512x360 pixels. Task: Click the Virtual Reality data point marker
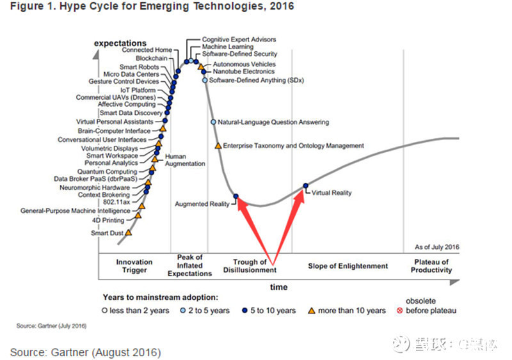point(306,185)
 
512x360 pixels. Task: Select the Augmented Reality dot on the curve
point(236,196)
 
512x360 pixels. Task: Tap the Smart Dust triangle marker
point(129,233)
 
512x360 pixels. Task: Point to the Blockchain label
point(152,58)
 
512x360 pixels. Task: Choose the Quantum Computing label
point(107,171)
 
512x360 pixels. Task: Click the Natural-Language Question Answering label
point(273,121)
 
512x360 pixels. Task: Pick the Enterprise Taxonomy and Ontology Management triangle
point(218,146)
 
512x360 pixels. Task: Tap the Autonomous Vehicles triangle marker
point(201,65)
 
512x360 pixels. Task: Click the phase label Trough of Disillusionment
point(250,266)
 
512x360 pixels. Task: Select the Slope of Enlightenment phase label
point(348,266)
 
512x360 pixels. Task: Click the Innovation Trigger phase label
point(134,266)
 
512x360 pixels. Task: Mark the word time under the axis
point(278,286)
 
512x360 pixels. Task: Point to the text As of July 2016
point(437,247)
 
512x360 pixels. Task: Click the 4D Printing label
point(109,221)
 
